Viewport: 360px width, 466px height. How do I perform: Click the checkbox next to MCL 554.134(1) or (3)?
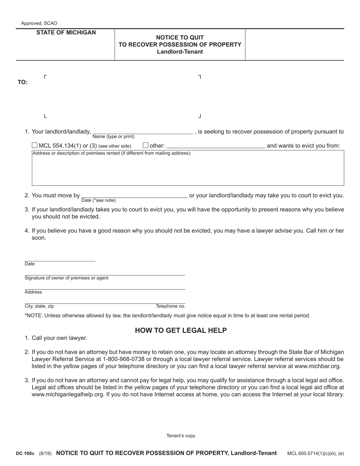[x=34, y=145]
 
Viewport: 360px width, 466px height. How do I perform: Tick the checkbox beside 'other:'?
[x=146, y=145]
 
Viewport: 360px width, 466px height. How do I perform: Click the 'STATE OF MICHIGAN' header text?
[x=66, y=33]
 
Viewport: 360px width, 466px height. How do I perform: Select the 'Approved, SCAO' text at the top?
[x=39, y=23]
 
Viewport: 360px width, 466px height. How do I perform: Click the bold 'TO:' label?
[x=23, y=82]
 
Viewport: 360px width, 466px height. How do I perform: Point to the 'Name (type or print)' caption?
[x=113, y=137]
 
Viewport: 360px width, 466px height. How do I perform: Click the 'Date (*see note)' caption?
[x=99, y=200]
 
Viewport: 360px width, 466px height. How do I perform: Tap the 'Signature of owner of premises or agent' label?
[x=66, y=278]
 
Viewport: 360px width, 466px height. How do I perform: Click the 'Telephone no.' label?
[x=171, y=306]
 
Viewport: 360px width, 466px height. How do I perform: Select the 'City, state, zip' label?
[x=39, y=306]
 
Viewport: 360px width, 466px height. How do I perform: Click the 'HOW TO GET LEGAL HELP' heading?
[x=181, y=331]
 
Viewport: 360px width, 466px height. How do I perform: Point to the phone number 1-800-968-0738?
[x=124, y=359]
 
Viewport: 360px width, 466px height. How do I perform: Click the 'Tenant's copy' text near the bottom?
[x=181, y=436]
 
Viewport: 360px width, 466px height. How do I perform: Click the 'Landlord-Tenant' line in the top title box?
[x=180, y=52]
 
